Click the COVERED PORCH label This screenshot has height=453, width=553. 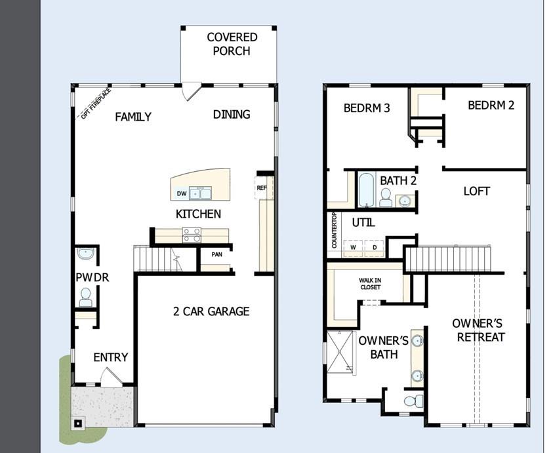(x=232, y=44)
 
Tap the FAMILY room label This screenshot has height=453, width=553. (x=133, y=117)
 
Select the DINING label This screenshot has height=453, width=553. (x=232, y=114)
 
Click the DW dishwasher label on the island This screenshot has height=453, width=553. (x=182, y=193)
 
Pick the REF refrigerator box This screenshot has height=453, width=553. (x=261, y=187)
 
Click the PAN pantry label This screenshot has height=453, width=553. (x=216, y=255)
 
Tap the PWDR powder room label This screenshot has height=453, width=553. (x=92, y=277)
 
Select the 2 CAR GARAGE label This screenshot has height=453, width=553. (x=211, y=311)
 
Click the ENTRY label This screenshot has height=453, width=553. (x=110, y=357)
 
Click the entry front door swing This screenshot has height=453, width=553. (x=110, y=378)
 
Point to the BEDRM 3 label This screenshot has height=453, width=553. (x=367, y=108)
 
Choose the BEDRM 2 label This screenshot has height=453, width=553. (x=491, y=105)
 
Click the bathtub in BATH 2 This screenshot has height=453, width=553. (x=365, y=189)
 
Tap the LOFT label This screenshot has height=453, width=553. (x=477, y=191)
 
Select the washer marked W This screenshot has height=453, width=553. (x=353, y=248)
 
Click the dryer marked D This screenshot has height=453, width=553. (x=375, y=248)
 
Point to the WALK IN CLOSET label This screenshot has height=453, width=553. (x=369, y=283)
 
